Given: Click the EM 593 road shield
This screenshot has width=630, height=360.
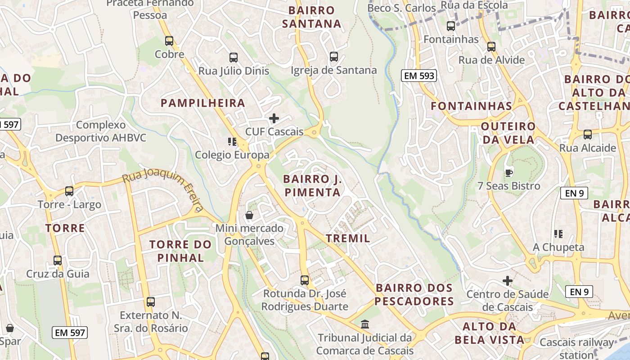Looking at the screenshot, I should (x=419, y=76).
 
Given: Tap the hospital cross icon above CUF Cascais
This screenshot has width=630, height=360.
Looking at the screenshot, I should (x=274, y=118).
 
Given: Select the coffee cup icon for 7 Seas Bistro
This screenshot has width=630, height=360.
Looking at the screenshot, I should (x=508, y=172).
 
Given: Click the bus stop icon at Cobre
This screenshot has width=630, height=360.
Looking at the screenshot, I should (x=169, y=41).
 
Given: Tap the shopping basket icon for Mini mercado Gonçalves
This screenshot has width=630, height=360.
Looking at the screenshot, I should (x=249, y=215).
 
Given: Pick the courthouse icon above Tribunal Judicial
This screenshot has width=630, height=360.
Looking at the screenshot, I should (x=365, y=324).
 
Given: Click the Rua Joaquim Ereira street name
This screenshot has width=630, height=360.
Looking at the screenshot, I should (x=163, y=189).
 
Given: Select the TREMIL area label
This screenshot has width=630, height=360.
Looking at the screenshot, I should (x=348, y=238).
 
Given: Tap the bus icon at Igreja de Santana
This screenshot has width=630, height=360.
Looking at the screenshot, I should (x=333, y=57).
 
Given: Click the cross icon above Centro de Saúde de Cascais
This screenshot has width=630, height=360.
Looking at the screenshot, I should (x=508, y=281).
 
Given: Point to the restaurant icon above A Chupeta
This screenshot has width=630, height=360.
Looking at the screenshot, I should (x=558, y=234).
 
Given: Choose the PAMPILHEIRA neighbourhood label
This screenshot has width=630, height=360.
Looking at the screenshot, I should (x=203, y=103).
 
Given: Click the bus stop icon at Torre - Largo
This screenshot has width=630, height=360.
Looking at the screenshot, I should (x=69, y=191).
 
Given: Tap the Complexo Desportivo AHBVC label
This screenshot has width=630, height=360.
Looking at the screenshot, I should (x=101, y=131).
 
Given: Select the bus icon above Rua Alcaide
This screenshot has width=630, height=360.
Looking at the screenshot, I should (x=587, y=135).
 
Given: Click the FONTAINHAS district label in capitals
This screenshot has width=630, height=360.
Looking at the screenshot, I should (x=472, y=106).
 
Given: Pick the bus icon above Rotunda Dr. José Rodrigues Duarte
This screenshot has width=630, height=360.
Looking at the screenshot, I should (x=305, y=280).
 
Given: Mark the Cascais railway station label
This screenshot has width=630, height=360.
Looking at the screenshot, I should (x=576, y=348).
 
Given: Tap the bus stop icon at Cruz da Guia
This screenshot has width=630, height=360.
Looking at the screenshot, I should (x=58, y=261).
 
